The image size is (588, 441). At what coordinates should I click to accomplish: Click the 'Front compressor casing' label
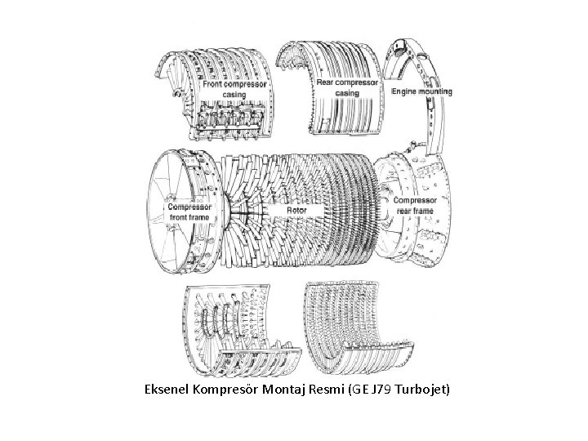click(x=234, y=88)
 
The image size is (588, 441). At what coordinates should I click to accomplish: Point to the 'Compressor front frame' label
click(x=190, y=212)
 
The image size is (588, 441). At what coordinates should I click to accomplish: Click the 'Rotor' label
click(x=296, y=210)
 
